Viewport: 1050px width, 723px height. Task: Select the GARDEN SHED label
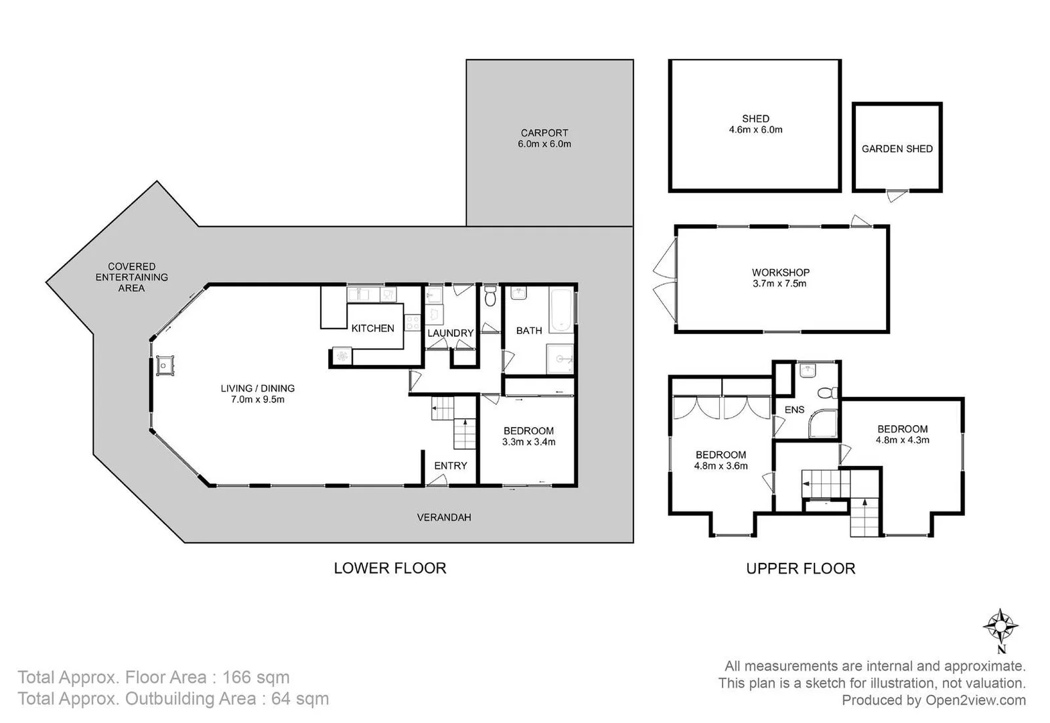click(897, 149)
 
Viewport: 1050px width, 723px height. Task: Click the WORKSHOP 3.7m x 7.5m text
click(780, 278)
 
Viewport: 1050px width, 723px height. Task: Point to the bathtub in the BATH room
click(561, 310)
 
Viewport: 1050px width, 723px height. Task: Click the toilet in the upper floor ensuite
click(827, 393)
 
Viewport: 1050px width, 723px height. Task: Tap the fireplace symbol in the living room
click(165, 366)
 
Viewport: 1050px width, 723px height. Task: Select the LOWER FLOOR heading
click(390, 568)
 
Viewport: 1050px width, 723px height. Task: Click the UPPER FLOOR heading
click(800, 568)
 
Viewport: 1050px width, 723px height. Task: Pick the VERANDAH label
click(443, 517)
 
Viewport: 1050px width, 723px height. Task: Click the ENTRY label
click(450, 466)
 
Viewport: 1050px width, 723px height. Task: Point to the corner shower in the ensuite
click(823, 424)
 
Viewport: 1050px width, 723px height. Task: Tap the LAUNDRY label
click(450, 333)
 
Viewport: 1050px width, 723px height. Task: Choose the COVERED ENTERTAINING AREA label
click(131, 277)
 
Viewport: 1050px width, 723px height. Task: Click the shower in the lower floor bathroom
click(560, 359)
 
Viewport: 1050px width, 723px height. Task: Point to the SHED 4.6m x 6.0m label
click(755, 124)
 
